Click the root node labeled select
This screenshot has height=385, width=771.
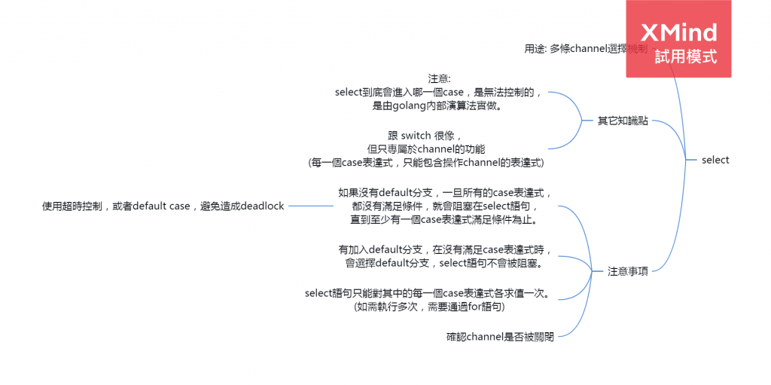(x=715, y=160)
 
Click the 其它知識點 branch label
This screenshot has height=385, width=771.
(x=623, y=121)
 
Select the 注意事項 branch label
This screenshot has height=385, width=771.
(x=627, y=271)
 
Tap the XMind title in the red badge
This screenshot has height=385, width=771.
(x=678, y=32)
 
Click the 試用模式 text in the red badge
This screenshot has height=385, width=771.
(x=685, y=57)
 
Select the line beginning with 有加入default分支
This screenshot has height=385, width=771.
(x=445, y=249)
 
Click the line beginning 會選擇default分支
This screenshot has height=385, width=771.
(x=445, y=263)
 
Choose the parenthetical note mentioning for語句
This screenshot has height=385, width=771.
(x=428, y=307)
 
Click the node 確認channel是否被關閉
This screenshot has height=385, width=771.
(x=500, y=337)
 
